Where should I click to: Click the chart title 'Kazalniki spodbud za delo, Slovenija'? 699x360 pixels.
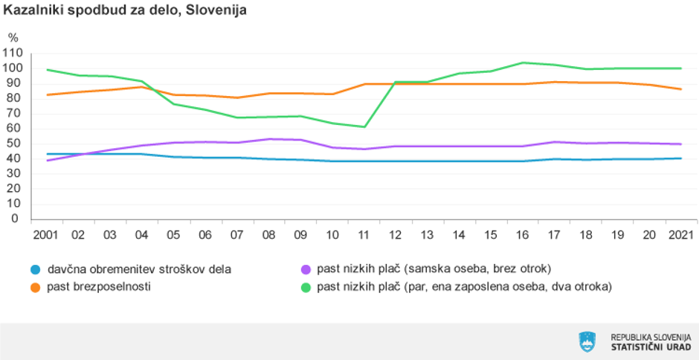[x=125, y=12]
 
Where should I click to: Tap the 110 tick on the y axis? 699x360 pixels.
[x=13, y=54]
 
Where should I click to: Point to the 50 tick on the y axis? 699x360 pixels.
[x=16, y=144]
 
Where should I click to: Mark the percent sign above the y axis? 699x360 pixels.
[x=13, y=38]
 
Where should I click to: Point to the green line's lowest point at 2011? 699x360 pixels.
[x=364, y=127]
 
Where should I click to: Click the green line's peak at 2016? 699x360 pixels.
[x=523, y=62]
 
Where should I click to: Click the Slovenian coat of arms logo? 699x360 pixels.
[x=587, y=341]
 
